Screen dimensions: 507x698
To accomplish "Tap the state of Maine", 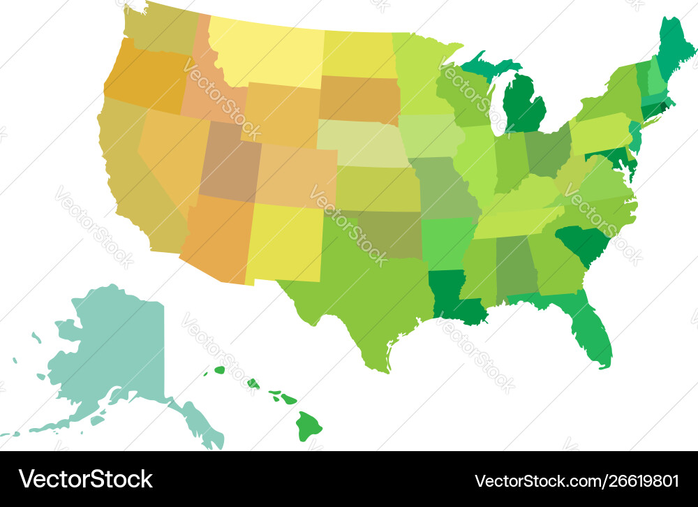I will click(x=674, y=49).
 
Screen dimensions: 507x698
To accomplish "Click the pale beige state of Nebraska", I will click(x=360, y=143).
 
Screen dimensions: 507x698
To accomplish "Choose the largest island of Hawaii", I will click(x=309, y=425).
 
